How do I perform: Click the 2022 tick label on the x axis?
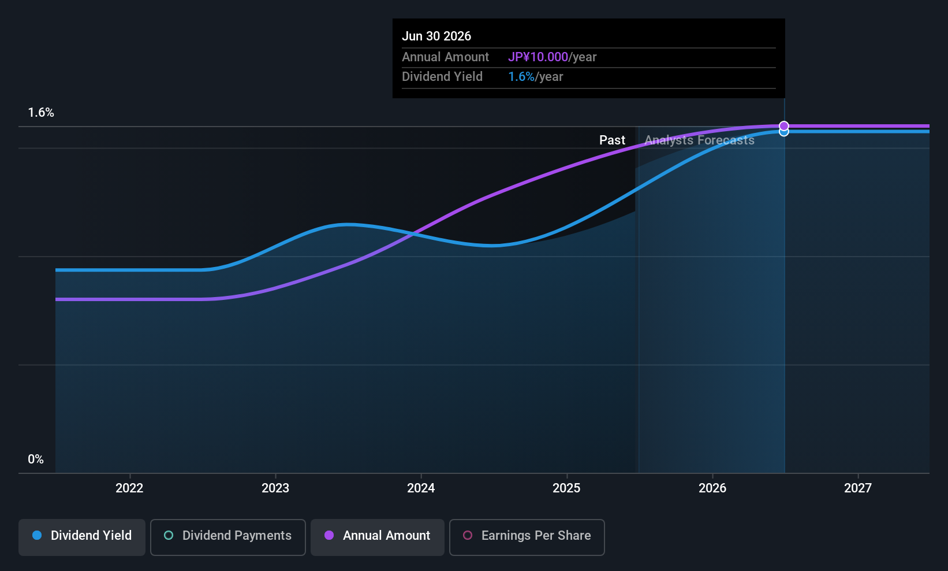(129, 488)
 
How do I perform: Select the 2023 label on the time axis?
(275, 488)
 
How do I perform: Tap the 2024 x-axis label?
(421, 488)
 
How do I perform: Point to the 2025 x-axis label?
(566, 488)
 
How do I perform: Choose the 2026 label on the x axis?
(712, 488)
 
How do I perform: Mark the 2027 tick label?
(858, 488)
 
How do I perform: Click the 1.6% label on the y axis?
(41, 113)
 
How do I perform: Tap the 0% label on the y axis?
(36, 459)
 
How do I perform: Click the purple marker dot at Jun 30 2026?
(784, 126)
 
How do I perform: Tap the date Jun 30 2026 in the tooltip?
(436, 36)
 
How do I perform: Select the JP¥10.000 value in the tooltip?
(538, 57)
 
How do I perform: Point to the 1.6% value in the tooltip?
(521, 77)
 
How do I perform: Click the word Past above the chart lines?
(612, 140)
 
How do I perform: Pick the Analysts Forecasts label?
(699, 140)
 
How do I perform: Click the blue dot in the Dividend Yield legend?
(38, 535)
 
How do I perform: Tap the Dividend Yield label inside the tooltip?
(442, 77)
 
